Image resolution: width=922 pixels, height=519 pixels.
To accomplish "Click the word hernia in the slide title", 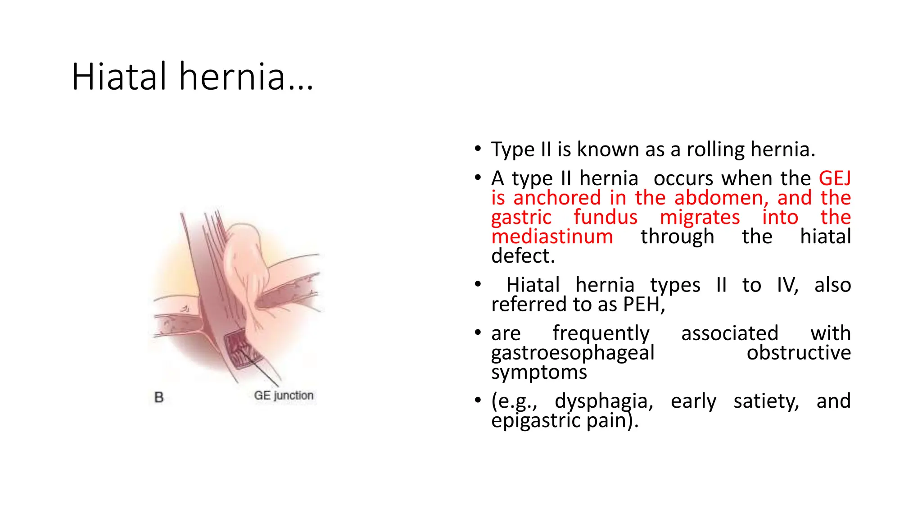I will (x=232, y=77).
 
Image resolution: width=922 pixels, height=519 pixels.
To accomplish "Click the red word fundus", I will (x=606, y=217).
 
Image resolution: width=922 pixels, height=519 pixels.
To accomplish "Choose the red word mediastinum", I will (x=552, y=237).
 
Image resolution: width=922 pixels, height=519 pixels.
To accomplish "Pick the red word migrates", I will (x=700, y=217).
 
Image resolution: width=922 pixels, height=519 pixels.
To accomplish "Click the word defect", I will (x=523, y=256).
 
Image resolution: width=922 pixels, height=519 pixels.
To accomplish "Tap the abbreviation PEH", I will (x=643, y=305).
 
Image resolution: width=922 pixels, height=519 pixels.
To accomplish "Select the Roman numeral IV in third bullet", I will (x=787, y=285).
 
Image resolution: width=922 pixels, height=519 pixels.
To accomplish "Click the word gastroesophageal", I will (x=573, y=353).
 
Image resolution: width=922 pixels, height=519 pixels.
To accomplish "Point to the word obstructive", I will (x=799, y=353).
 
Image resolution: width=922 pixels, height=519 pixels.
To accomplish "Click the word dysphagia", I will (x=604, y=401).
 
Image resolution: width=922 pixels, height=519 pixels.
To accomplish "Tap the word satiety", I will (x=766, y=401).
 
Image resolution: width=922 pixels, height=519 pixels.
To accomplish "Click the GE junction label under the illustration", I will (x=284, y=396).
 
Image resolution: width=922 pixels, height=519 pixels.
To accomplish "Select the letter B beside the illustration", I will (x=159, y=397).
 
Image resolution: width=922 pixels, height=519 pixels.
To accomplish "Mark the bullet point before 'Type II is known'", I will (x=478, y=149).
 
